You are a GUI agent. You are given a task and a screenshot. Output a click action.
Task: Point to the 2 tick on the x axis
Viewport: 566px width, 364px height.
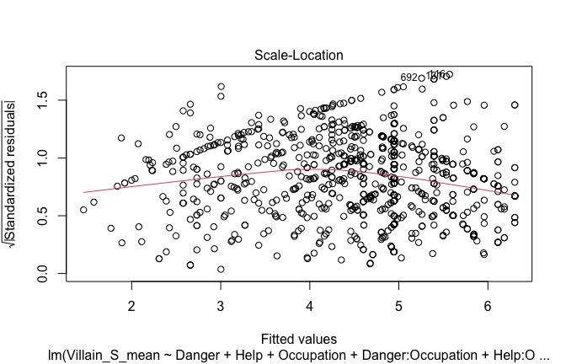pyautogui.click(x=131, y=302)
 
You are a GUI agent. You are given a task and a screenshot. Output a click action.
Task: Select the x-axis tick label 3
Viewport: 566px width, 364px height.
pyautogui.click(x=221, y=302)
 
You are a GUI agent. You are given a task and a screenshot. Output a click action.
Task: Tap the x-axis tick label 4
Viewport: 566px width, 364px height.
pyautogui.click(x=310, y=302)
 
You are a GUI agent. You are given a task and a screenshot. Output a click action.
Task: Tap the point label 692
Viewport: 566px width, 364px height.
pyautogui.click(x=409, y=78)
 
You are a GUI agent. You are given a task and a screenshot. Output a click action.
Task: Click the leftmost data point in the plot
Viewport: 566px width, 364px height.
pyautogui.click(x=83, y=210)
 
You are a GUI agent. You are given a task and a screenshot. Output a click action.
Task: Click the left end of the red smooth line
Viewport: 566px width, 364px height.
pyautogui.click(x=83, y=193)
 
